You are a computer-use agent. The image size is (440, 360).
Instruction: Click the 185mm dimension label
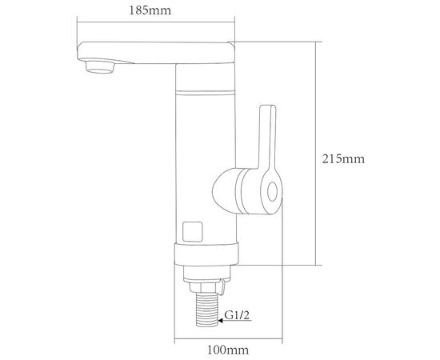click(x=150, y=10)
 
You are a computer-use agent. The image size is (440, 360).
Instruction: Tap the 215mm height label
click(x=343, y=159)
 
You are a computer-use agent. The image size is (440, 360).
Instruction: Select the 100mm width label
click(x=228, y=350)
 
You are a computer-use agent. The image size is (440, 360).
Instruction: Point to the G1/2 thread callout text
click(x=237, y=315)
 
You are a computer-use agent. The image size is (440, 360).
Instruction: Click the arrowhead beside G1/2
click(x=221, y=321)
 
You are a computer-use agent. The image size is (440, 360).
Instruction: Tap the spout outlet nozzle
click(x=100, y=67)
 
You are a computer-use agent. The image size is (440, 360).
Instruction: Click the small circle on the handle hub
click(x=272, y=192)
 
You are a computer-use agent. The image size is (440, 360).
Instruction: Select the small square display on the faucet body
click(x=193, y=232)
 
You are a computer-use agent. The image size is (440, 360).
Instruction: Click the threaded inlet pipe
click(x=207, y=310)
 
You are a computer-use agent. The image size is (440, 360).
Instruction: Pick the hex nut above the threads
click(x=203, y=287)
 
